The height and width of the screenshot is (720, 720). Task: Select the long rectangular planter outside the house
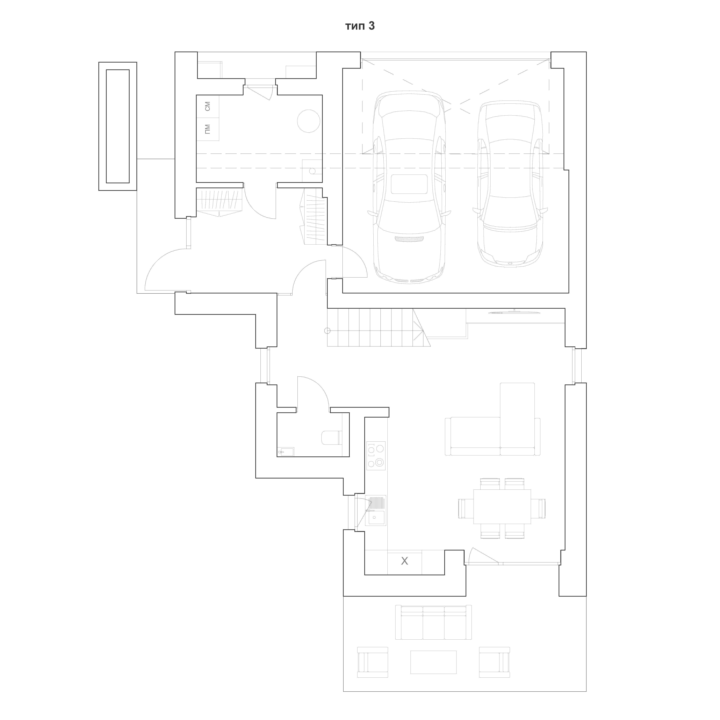118,126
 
